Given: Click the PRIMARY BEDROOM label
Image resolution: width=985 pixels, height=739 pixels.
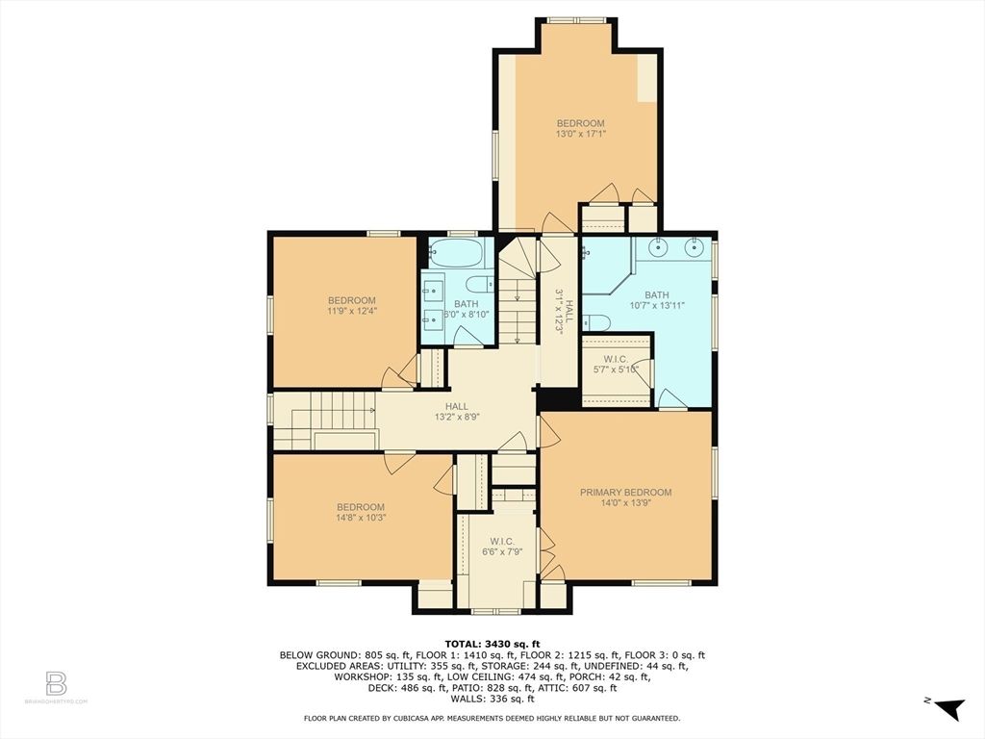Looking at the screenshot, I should click(625, 493).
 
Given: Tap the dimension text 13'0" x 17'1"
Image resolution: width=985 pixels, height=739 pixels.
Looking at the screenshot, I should click(581, 135).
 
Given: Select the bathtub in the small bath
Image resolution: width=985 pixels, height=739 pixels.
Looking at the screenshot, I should click(457, 255).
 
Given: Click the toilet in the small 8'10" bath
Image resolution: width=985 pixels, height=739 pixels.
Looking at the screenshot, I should click(478, 284).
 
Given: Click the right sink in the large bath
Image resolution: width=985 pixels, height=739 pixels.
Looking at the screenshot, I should click(695, 248).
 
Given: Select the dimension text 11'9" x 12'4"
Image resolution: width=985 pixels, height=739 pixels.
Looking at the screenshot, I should click(351, 311).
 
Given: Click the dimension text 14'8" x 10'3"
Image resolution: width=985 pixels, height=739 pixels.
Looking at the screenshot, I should click(360, 519).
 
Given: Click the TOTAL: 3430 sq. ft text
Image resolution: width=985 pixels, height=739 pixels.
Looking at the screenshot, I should click(492, 644).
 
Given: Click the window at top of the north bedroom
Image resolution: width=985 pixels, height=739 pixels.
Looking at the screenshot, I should click(577, 19).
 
